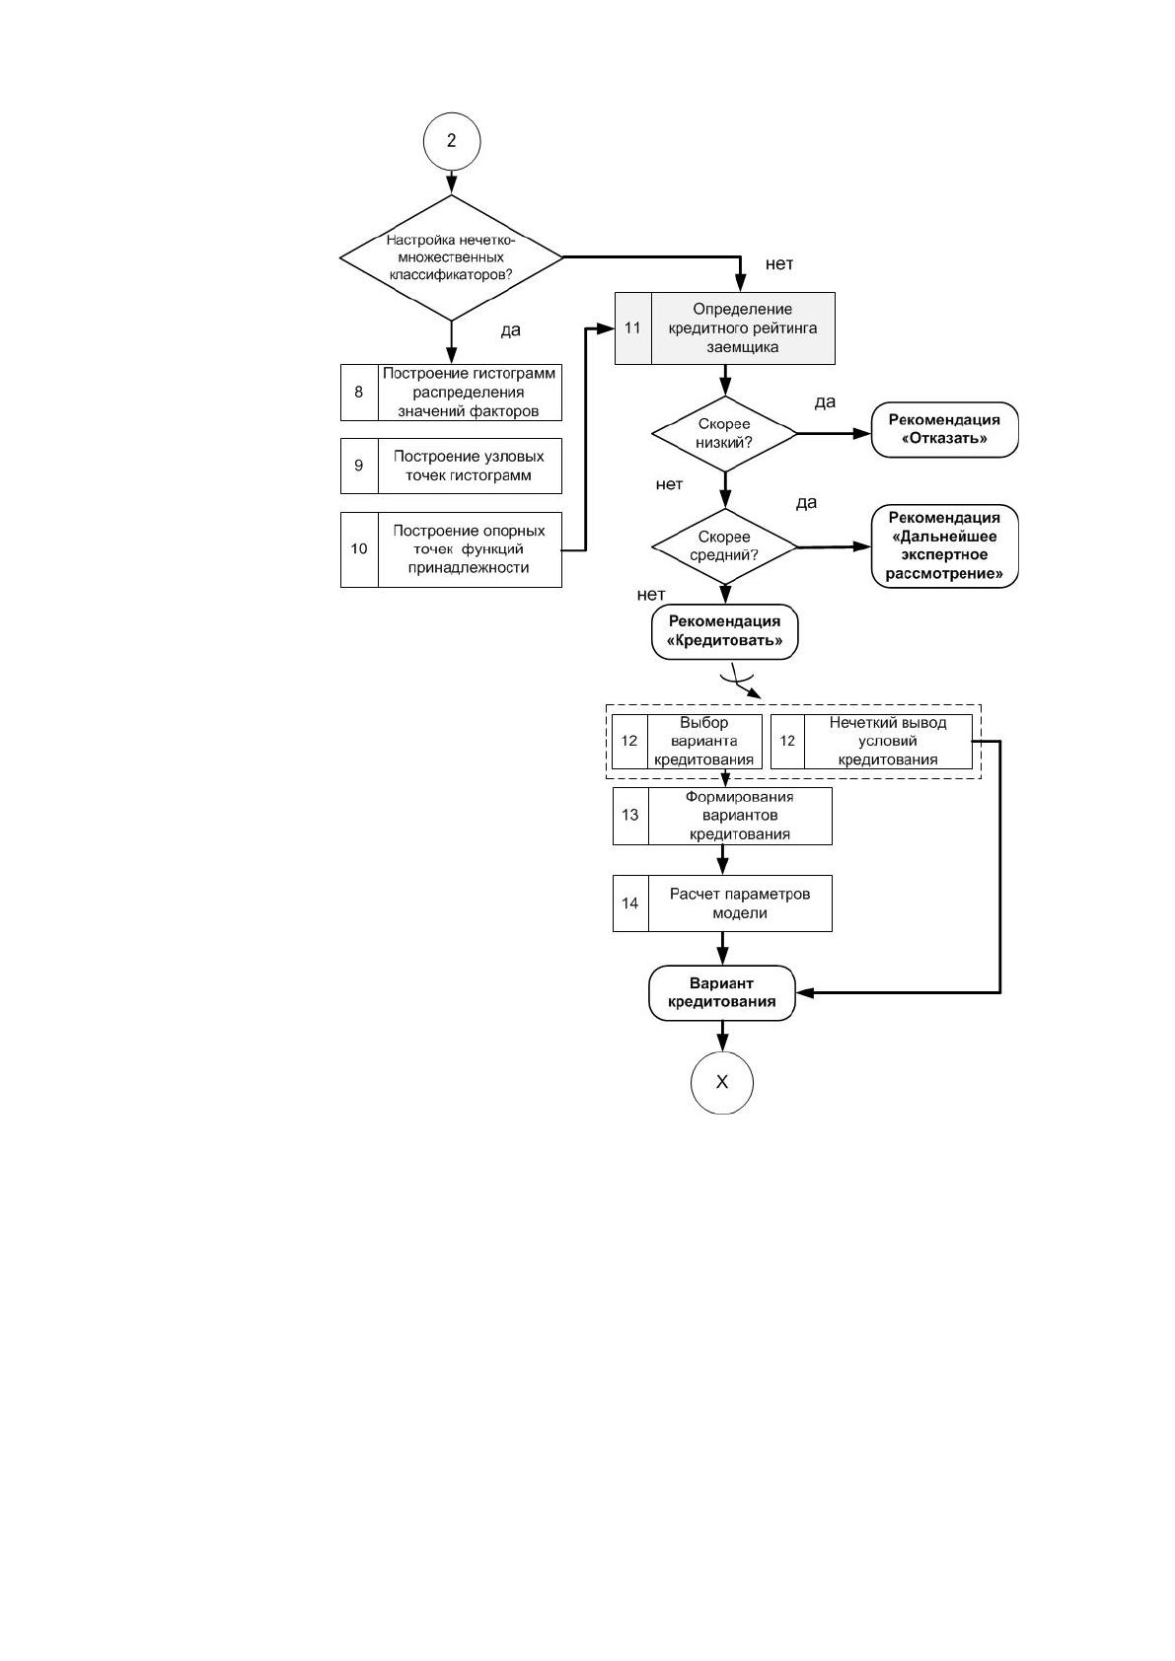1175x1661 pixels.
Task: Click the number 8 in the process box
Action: click(x=359, y=393)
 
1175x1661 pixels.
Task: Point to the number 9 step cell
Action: click(x=359, y=466)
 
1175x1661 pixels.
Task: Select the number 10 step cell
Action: click(x=359, y=549)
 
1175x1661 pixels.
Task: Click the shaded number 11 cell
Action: click(x=632, y=328)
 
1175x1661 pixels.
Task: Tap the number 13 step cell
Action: click(x=630, y=816)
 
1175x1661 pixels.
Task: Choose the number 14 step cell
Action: click(x=630, y=903)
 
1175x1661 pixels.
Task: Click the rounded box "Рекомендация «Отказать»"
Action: click(x=944, y=429)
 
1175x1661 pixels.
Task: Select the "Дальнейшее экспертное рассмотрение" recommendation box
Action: click(x=944, y=545)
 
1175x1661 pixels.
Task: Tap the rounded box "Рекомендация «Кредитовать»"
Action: click(x=725, y=632)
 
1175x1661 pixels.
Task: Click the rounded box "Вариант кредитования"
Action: click(x=722, y=993)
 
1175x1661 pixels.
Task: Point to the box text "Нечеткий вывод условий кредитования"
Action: click(x=888, y=741)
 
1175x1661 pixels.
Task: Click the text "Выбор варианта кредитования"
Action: click(x=704, y=741)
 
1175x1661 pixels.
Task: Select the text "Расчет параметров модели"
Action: click(x=740, y=903)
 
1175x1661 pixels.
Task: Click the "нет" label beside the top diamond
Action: click(x=779, y=264)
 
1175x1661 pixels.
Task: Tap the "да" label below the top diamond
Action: click(x=510, y=330)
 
